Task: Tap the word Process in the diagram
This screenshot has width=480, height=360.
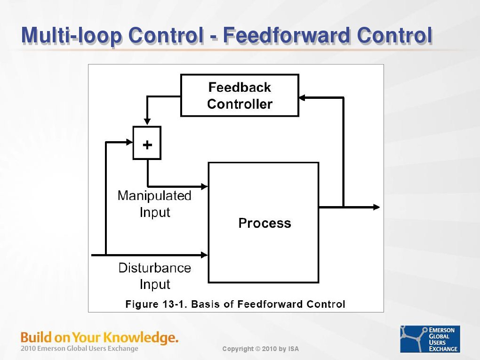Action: (264, 223)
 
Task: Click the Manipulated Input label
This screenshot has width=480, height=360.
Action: (155, 204)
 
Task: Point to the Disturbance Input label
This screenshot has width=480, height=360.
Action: (155, 276)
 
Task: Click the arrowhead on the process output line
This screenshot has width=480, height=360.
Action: (376, 207)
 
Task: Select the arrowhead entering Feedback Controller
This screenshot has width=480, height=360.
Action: (302, 98)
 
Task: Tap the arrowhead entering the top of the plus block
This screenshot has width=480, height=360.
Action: (147, 122)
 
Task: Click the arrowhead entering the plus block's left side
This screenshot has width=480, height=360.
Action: (129, 142)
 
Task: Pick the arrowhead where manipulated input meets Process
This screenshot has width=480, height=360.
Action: (205, 186)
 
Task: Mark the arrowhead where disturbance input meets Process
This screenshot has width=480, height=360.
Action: (205, 255)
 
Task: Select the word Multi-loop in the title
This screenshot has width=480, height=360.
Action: (72, 35)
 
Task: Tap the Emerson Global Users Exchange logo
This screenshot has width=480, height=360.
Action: (430, 339)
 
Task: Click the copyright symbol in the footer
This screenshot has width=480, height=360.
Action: (258, 349)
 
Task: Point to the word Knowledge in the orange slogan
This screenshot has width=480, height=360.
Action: (141, 338)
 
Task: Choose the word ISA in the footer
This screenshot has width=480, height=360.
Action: (293, 349)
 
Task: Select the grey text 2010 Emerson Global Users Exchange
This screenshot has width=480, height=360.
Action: (79, 348)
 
